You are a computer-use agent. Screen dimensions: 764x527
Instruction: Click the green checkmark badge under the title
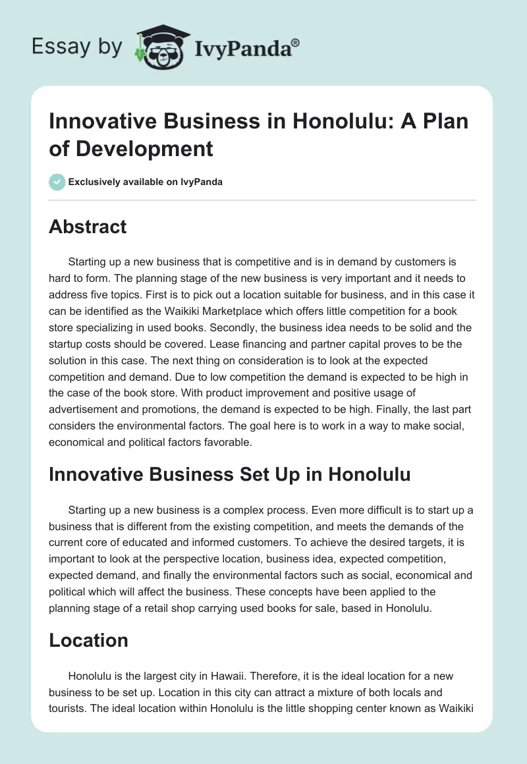pos(57,182)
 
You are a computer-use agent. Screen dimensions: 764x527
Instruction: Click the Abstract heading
pos(88,227)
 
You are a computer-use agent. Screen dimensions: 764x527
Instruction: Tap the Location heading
pos(88,640)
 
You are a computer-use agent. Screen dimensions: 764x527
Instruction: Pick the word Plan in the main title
pos(445,123)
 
